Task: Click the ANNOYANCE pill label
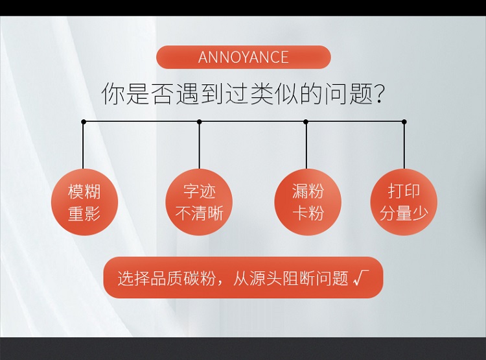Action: pos(243,57)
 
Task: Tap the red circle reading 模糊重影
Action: pos(84,202)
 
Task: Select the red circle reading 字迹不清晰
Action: pos(199,202)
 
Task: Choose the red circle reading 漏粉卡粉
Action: pos(308,202)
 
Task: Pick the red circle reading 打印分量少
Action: pos(404,202)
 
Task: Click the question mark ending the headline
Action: pos(379,93)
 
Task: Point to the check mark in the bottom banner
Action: pos(361,278)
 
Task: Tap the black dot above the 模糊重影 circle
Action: pos(84,122)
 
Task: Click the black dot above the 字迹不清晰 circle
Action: pos(200,122)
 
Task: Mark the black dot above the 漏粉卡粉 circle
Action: pos(306,122)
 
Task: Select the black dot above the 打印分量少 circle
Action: pos(404,122)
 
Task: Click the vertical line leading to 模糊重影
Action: pos(83,145)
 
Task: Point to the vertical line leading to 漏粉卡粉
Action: pos(307,145)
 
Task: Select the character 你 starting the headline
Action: pos(113,93)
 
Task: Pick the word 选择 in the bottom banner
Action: pos(133,278)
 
